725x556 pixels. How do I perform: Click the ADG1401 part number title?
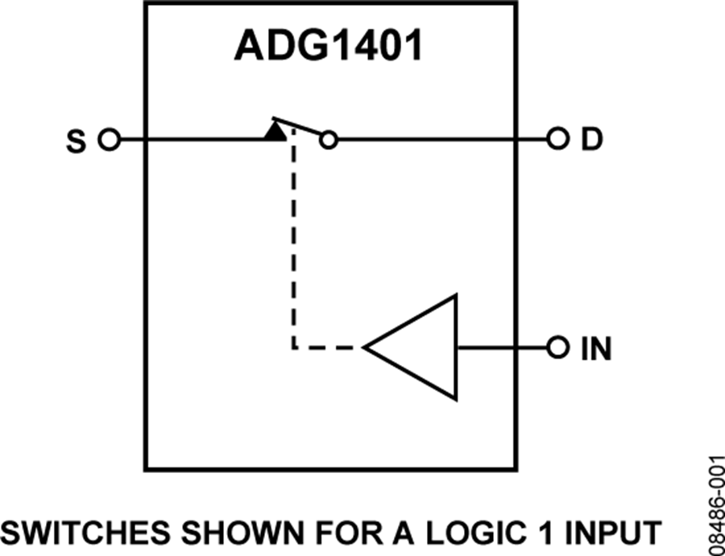pos(329,47)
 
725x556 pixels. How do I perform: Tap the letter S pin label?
pos(76,141)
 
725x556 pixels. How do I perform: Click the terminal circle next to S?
pos(108,140)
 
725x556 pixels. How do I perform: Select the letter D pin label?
pos(592,140)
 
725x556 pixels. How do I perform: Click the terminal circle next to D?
pos(556,140)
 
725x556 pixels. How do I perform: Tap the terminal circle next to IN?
pos(556,348)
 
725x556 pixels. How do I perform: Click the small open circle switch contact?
pos(328,140)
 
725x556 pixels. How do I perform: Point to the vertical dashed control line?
pos(292,242)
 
